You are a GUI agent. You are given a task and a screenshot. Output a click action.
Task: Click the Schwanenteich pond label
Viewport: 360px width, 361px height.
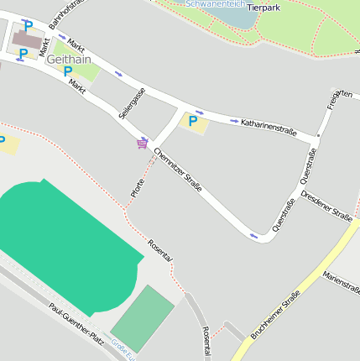click(x=214, y=4)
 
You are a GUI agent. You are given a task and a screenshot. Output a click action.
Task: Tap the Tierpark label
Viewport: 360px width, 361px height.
click(x=263, y=8)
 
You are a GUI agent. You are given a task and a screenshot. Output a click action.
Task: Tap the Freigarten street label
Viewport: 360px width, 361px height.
click(x=339, y=98)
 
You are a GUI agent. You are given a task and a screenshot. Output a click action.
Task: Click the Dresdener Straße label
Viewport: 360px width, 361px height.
click(x=326, y=205)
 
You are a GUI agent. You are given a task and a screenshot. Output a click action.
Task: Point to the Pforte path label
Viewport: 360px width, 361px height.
click(x=138, y=189)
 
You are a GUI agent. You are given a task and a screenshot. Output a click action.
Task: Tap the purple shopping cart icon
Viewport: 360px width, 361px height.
click(x=143, y=144)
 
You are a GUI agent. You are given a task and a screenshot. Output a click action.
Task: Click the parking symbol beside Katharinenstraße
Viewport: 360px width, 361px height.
click(x=193, y=122)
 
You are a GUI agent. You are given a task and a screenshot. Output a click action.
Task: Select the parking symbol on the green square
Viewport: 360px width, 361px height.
click(x=68, y=71)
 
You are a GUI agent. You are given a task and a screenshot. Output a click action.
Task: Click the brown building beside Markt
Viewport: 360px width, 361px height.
click(x=26, y=39)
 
